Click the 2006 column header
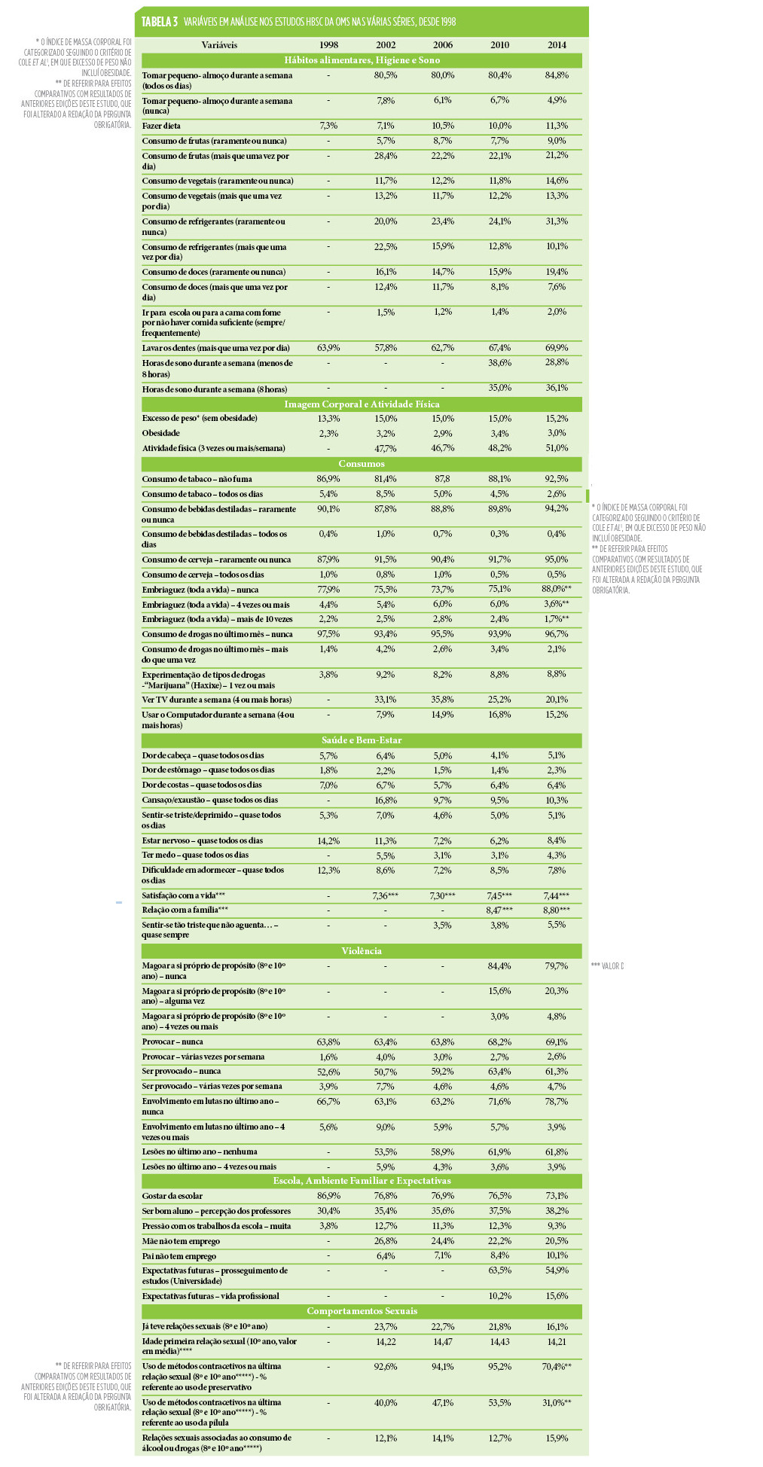[x=442, y=45]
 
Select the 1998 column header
[x=328, y=45]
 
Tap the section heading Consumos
[x=362, y=464]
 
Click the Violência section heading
[x=362, y=951]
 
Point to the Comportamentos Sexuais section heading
[x=362, y=1311]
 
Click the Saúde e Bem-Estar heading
[x=362, y=740]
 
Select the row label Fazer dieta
[x=161, y=126]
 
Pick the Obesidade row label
[x=161, y=433]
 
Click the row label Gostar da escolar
[x=172, y=1196]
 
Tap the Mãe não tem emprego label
[x=181, y=1241]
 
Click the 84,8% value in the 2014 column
[x=557, y=75]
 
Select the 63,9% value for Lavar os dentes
[x=328, y=348]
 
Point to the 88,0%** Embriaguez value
[x=557, y=590]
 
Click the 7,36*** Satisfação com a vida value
[x=385, y=895]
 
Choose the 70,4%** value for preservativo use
[x=557, y=1366]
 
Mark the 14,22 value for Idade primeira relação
[x=385, y=1342]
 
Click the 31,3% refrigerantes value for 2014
[x=557, y=221]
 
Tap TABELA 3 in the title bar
[x=160, y=22]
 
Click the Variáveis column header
[x=219, y=45]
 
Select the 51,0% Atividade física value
[x=557, y=448]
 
